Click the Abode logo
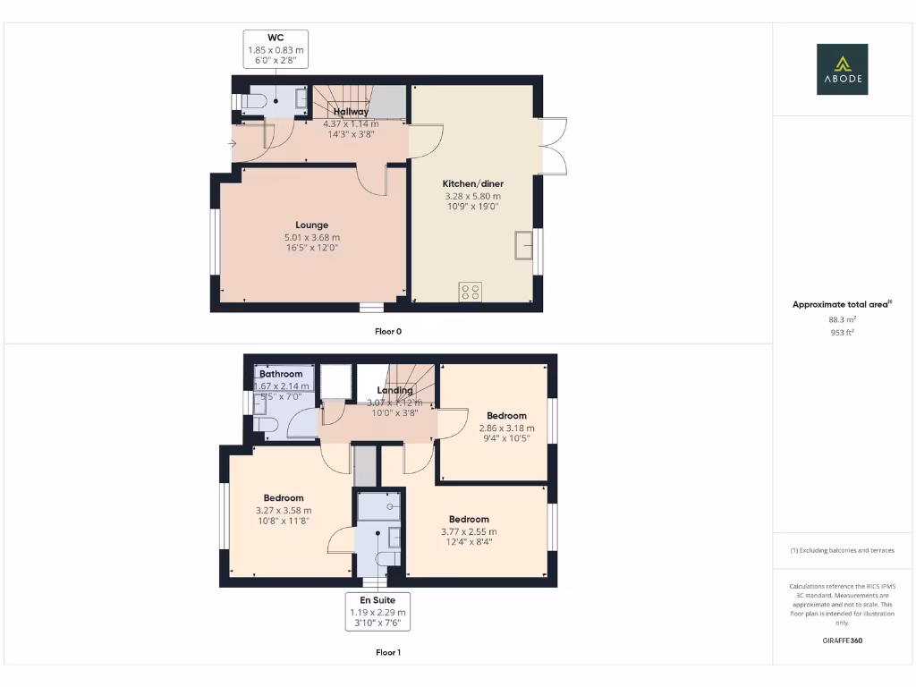click(x=842, y=69)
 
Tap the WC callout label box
click(x=276, y=49)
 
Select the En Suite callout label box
click(x=377, y=612)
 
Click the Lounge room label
click(x=312, y=225)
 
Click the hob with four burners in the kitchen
click(x=470, y=292)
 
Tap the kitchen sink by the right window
click(x=523, y=245)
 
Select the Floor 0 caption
click(x=388, y=331)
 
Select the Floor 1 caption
click(x=388, y=652)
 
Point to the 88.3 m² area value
click(x=842, y=318)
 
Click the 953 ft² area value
click(x=842, y=332)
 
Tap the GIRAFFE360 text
click(x=842, y=640)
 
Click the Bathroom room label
click(x=281, y=374)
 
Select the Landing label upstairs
click(x=394, y=391)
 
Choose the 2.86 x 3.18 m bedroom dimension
click(x=506, y=428)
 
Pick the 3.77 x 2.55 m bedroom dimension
click(x=469, y=531)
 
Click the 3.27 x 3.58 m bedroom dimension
click(x=284, y=511)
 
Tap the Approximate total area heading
click(x=841, y=305)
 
